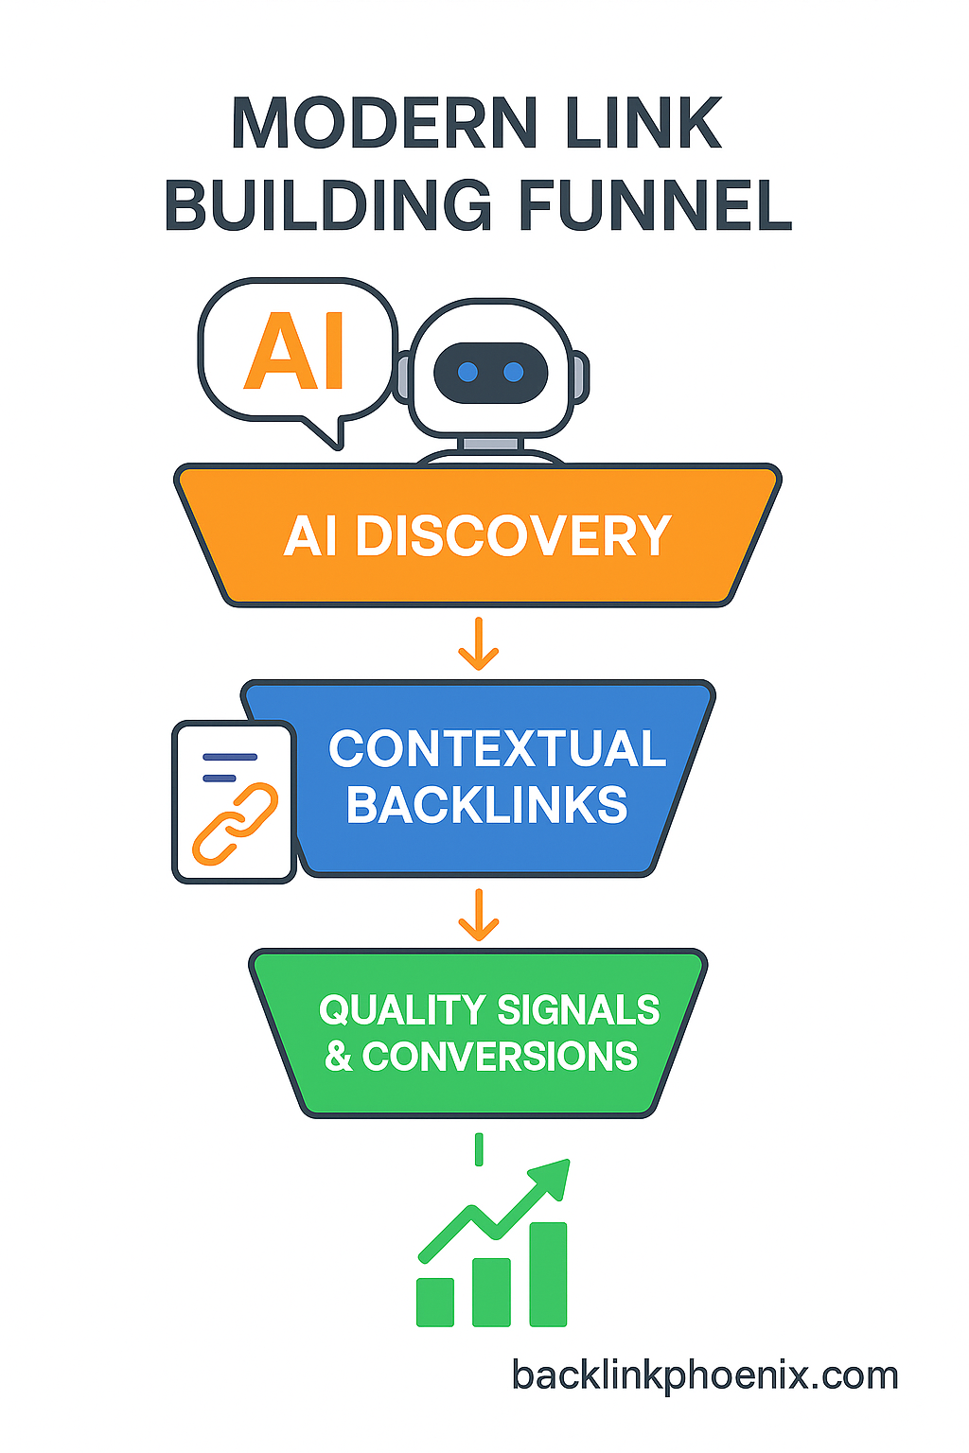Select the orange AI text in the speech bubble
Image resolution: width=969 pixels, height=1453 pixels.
coord(294,352)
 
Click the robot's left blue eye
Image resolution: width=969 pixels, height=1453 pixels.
coord(467,372)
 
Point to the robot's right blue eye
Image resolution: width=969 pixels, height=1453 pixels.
coord(514,372)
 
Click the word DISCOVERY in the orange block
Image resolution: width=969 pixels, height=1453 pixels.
coord(513,536)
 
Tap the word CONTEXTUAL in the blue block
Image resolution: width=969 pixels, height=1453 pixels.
coord(498,749)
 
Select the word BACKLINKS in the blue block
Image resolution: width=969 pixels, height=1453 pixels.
coord(486,805)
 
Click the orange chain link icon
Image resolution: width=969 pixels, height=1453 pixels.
coord(235,824)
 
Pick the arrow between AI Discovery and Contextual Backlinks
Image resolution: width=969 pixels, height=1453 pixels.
coord(479,644)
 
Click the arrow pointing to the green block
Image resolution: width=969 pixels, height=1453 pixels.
coord(479,915)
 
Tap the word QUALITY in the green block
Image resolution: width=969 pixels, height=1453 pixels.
coord(403,1010)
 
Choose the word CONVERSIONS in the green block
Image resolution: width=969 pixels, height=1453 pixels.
coord(500,1057)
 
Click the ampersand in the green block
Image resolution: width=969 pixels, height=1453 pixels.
coord(338,1057)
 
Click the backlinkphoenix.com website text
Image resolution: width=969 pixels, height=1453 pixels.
coord(705,1375)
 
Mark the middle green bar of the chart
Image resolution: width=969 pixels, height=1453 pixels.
coord(491,1291)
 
